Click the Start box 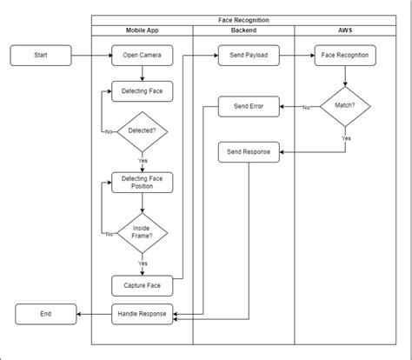41,56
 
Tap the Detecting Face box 142,90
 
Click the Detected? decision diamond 142,131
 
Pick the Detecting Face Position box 142,182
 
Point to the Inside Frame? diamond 142,233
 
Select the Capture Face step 142,285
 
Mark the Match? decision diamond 345,108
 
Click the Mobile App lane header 142,30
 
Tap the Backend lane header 244,30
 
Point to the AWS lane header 345,30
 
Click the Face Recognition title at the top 243,19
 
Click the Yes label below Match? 346,138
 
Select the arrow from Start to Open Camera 91,56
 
